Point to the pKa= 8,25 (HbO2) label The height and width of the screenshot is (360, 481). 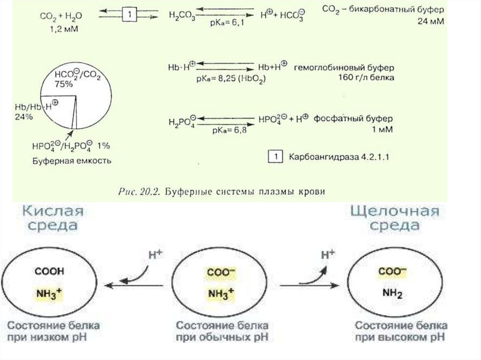[x=231, y=79]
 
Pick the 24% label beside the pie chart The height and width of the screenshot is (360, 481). [x=23, y=117]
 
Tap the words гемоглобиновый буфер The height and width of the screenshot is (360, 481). [x=344, y=67]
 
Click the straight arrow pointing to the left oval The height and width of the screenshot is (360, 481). [x=134, y=285]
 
